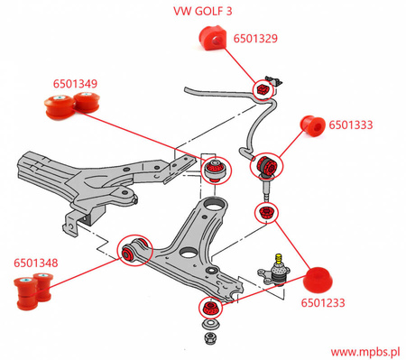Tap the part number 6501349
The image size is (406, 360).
coord(73,84)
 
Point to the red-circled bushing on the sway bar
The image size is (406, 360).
coord(263,89)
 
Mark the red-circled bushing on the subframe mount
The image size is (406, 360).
coord(217,168)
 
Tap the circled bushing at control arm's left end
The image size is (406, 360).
coord(134,250)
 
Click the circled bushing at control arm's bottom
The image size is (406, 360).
coord(211,310)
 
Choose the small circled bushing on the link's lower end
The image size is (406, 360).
coord(265,213)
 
